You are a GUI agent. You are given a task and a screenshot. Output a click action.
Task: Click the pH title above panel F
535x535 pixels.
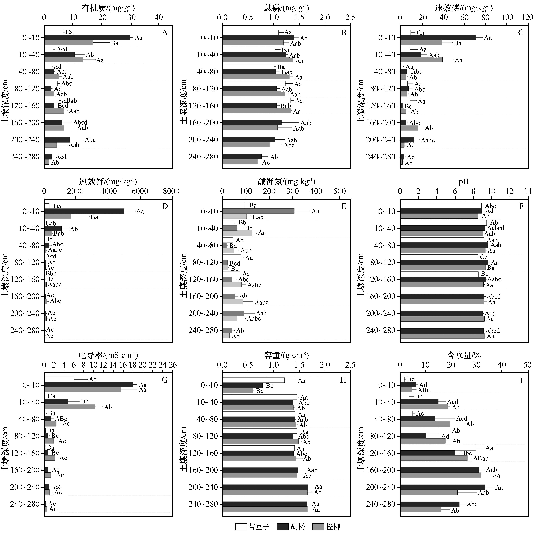(464, 182)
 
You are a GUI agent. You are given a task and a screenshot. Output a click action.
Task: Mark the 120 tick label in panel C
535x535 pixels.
(527, 17)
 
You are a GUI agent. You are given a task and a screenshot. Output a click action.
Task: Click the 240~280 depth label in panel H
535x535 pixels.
(203, 504)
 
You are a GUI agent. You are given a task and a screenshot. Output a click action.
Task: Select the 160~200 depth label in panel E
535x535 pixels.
(203, 296)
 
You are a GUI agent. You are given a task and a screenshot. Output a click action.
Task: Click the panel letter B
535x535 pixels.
(343, 33)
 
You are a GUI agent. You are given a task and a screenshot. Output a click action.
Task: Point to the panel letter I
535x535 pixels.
(521, 380)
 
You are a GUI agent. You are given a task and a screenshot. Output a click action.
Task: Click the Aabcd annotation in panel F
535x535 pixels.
(496, 228)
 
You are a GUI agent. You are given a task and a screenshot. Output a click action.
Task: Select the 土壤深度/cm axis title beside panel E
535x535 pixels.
(183, 275)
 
